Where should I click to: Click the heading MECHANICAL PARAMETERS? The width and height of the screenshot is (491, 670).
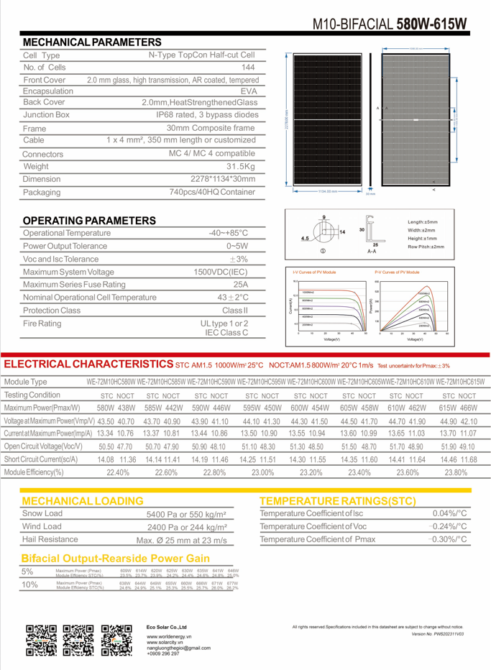pos(91,42)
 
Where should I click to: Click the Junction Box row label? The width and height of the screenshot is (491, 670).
pos(46,114)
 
